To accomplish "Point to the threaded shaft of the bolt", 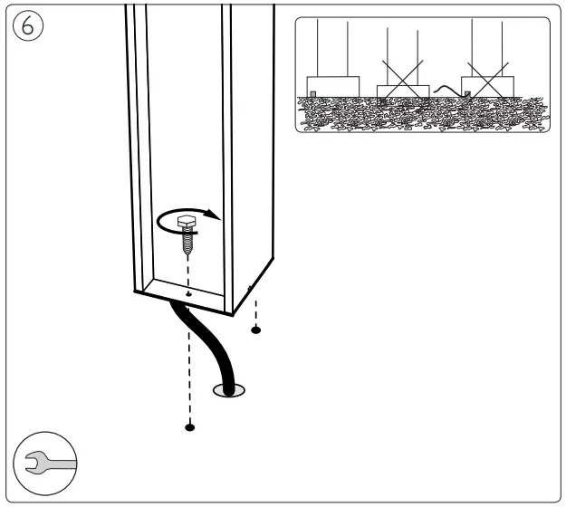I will (x=187, y=239).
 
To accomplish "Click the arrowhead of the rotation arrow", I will (x=213, y=215).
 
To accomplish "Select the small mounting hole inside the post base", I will (x=187, y=293).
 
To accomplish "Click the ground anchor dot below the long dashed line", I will (x=189, y=426).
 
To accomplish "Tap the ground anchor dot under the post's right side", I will (x=255, y=330).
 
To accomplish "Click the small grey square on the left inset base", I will (x=313, y=92).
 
